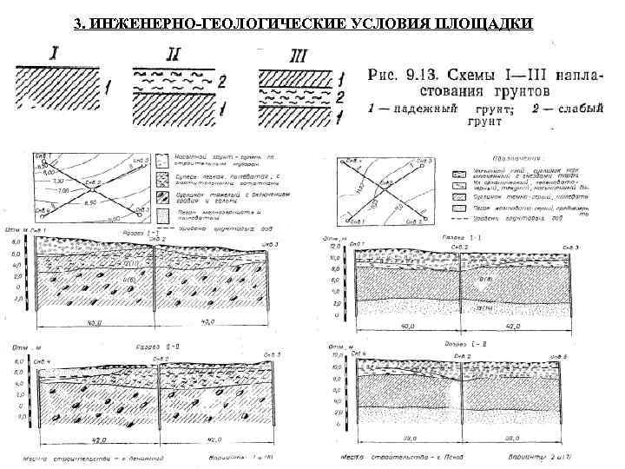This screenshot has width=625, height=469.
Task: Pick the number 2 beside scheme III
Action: pos(342,96)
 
